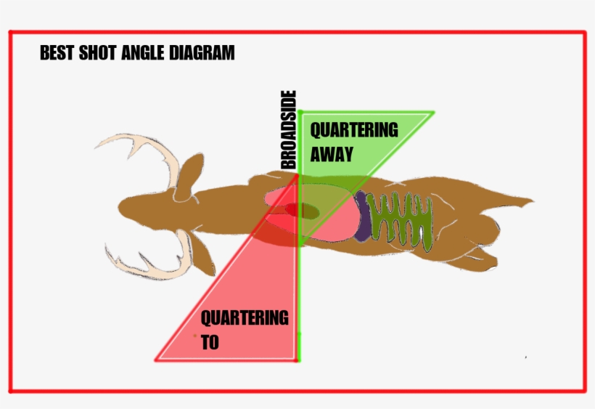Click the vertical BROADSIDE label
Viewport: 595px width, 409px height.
click(289, 129)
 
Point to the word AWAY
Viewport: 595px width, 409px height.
click(332, 154)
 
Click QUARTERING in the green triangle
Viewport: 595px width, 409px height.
click(354, 130)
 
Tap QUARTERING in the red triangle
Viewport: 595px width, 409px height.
click(245, 317)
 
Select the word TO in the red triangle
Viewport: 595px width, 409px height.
click(210, 342)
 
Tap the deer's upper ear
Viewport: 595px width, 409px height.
click(191, 171)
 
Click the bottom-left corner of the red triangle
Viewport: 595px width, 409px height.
click(157, 359)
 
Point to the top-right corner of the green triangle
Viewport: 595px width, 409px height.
click(433, 113)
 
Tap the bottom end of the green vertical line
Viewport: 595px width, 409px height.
click(298, 360)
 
